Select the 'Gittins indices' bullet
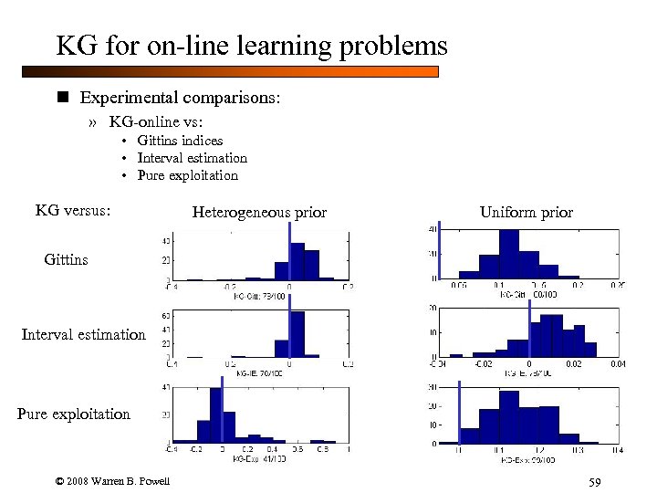pyautogui.click(x=180, y=141)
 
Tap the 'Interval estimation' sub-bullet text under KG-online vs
pyautogui.click(x=192, y=158)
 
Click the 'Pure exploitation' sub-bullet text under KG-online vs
pyautogui.click(x=187, y=175)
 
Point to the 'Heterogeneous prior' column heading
pyautogui.click(x=259, y=213)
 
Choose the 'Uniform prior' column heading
pyautogui.click(x=527, y=213)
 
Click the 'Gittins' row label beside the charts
pyautogui.click(x=66, y=260)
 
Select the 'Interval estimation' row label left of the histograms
pyautogui.click(x=83, y=335)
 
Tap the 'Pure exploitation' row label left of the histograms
pyautogui.click(x=73, y=414)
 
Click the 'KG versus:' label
pyautogui.click(x=73, y=211)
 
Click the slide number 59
pyautogui.click(x=596, y=482)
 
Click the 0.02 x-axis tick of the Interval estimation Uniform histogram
pyautogui.click(x=572, y=364)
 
